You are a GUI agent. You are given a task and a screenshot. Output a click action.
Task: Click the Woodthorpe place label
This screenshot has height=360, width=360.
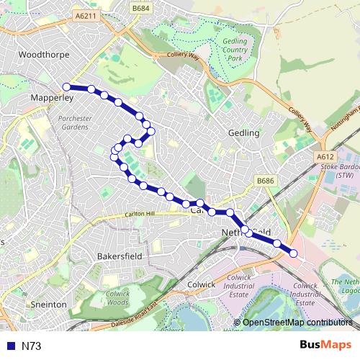(42, 54)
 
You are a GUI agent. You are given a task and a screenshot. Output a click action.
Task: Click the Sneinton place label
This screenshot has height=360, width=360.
(48, 305)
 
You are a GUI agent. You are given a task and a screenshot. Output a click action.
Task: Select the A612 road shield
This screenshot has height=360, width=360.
(325, 156)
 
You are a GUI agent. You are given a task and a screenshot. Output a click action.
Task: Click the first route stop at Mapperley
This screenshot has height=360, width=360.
(67, 87)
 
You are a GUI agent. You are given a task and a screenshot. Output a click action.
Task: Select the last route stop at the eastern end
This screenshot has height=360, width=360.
(293, 253)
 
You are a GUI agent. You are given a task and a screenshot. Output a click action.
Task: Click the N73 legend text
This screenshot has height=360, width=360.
(31, 346)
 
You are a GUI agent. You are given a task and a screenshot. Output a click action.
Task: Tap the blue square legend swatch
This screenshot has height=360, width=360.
(9, 346)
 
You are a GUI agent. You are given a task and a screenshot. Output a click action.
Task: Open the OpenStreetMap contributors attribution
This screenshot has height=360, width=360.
(297, 323)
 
